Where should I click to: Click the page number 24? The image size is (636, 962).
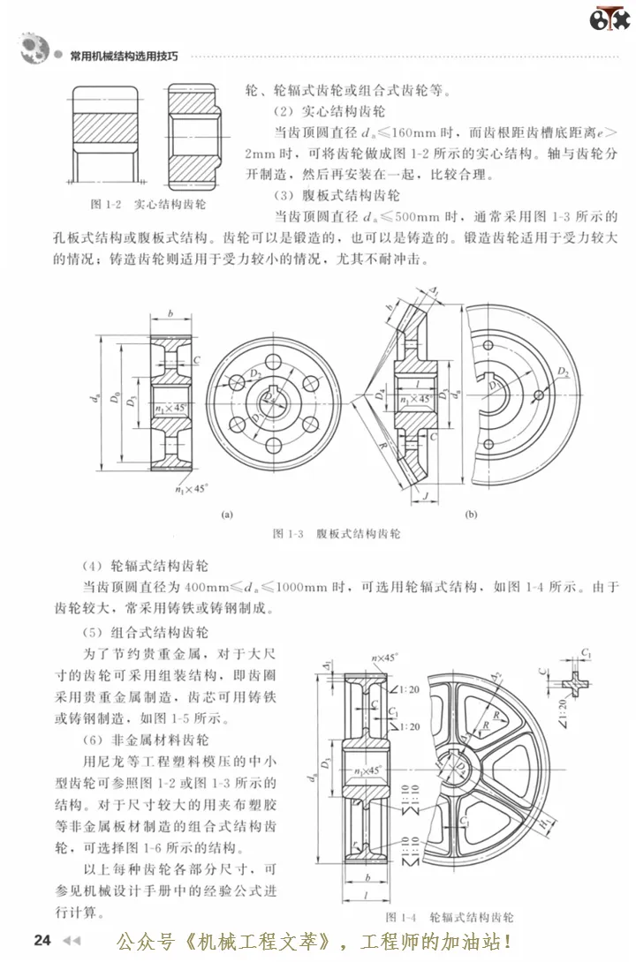[42, 938]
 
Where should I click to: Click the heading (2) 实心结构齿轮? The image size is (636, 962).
[330, 110]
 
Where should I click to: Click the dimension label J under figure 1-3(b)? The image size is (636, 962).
[425, 498]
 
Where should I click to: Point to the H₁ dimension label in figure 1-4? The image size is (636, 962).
[546, 828]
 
